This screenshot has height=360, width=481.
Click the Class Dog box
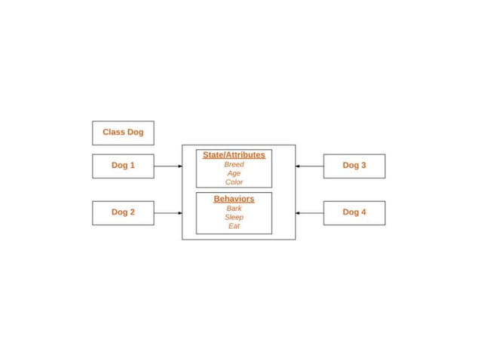click(123, 133)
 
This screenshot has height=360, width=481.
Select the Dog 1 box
click(123, 166)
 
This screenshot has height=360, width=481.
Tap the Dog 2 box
click(123, 212)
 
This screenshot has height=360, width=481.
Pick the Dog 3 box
click(354, 166)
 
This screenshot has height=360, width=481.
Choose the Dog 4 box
click(354, 212)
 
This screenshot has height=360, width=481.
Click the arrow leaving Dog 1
click(167, 166)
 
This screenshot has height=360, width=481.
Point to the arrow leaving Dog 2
click(167, 212)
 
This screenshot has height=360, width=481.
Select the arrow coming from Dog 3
click(309, 166)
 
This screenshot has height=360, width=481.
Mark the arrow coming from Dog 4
click(309, 212)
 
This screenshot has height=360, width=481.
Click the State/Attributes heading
click(234, 155)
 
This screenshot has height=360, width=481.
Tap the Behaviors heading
click(234, 199)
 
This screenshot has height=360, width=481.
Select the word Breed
click(234, 164)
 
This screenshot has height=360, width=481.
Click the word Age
click(234, 173)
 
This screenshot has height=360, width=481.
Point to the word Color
click(234, 182)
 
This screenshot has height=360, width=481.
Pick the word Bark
click(234, 208)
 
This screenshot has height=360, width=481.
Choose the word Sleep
click(234, 217)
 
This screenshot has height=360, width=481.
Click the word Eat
click(234, 226)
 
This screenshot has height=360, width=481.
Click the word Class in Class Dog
click(114, 133)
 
